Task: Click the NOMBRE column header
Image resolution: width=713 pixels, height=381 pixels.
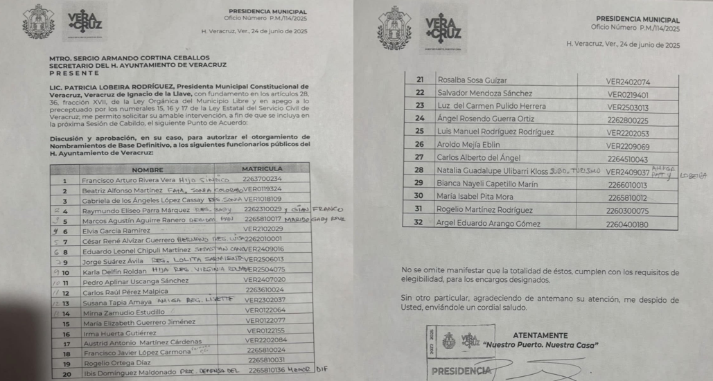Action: pos(147,169)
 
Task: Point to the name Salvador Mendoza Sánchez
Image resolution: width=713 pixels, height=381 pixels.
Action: pos(484,94)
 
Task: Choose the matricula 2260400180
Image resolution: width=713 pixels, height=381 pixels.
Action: pos(627,224)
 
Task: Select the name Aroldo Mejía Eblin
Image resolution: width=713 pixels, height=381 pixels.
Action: pos(469,145)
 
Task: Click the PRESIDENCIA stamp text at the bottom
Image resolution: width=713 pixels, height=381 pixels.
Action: pos(461,371)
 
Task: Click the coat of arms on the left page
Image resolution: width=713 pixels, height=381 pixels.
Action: pos(38,22)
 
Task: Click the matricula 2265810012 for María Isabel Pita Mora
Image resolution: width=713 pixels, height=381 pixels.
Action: pos(626,197)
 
